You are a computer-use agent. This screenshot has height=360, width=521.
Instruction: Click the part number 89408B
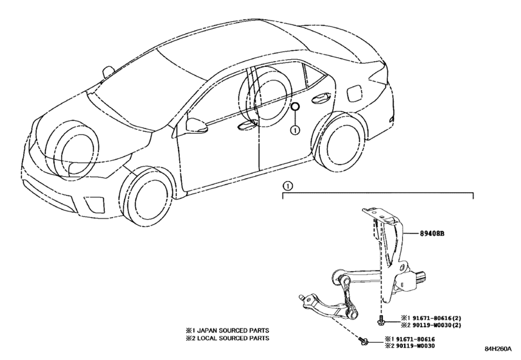[x=432, y=234]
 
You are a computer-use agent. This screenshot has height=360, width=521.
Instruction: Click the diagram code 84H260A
[x=498, y=349]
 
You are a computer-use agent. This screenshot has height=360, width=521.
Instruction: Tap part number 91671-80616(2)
[x=434, y=318]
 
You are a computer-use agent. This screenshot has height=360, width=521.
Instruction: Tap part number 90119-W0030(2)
[x=434, y=325]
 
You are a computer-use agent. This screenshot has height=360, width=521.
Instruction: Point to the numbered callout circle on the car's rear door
[x=295, y=130]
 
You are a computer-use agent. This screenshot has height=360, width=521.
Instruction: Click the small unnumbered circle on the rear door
[x=295, y=107]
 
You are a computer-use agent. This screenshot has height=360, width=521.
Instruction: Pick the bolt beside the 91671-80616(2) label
[x=380, y=320]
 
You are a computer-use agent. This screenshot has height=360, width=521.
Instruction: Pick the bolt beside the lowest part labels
[x=363, y=341]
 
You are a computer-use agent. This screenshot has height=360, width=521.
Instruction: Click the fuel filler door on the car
[x=353, y=93]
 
